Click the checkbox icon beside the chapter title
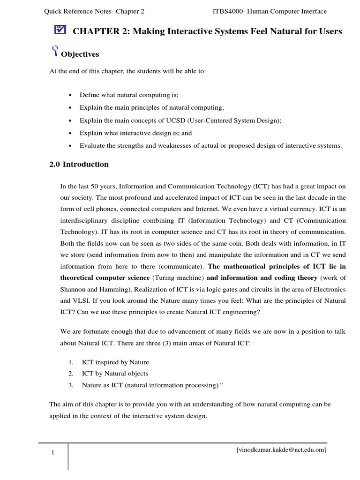(x=60, y=30)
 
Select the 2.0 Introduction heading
(x=79, y=165)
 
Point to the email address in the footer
(x=281, y=450)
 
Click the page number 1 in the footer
(x=53, y=452)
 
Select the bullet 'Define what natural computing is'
(x=129, y=95)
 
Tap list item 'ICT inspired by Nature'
(x=115, y=362)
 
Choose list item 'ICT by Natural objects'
(x=115, y=374)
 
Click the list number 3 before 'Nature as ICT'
(x=71, y=385)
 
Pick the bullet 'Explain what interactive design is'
(x=135, y=133)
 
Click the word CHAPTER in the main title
(x=95, y=31)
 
